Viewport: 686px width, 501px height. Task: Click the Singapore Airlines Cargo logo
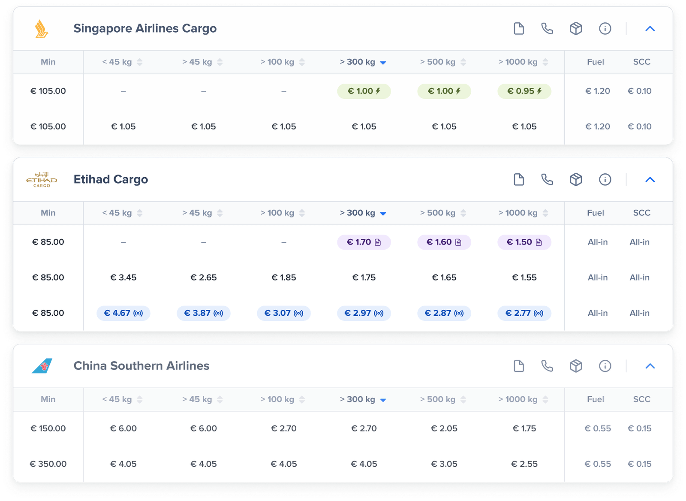[42, 29]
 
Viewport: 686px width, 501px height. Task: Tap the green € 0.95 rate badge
[524, 91]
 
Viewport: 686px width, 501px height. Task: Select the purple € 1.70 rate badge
[364, 242]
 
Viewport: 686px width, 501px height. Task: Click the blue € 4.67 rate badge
[123, 313]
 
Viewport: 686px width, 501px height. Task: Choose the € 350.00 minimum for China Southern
[48, 464]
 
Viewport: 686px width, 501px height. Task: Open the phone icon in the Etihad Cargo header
[547, 179]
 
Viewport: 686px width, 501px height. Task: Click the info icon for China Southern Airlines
[605, 366]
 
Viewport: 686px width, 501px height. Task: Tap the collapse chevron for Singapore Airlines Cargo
[650, 29]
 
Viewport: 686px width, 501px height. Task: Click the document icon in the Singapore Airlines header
[519, 29]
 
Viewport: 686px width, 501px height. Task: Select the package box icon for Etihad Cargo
[576, 179]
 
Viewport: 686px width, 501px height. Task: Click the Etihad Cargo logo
[42, 180]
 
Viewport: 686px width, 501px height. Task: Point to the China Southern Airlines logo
[42, 366]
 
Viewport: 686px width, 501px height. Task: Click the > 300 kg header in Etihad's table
[363, 213]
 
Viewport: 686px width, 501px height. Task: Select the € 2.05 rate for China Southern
[444, 428]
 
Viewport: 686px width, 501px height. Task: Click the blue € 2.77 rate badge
[524, 313]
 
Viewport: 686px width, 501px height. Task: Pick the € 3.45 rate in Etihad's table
[123, 278]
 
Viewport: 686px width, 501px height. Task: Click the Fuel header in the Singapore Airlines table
[595, 62]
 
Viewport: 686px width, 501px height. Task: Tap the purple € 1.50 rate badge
[524, 242]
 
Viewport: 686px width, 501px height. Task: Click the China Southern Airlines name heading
[141, 366]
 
